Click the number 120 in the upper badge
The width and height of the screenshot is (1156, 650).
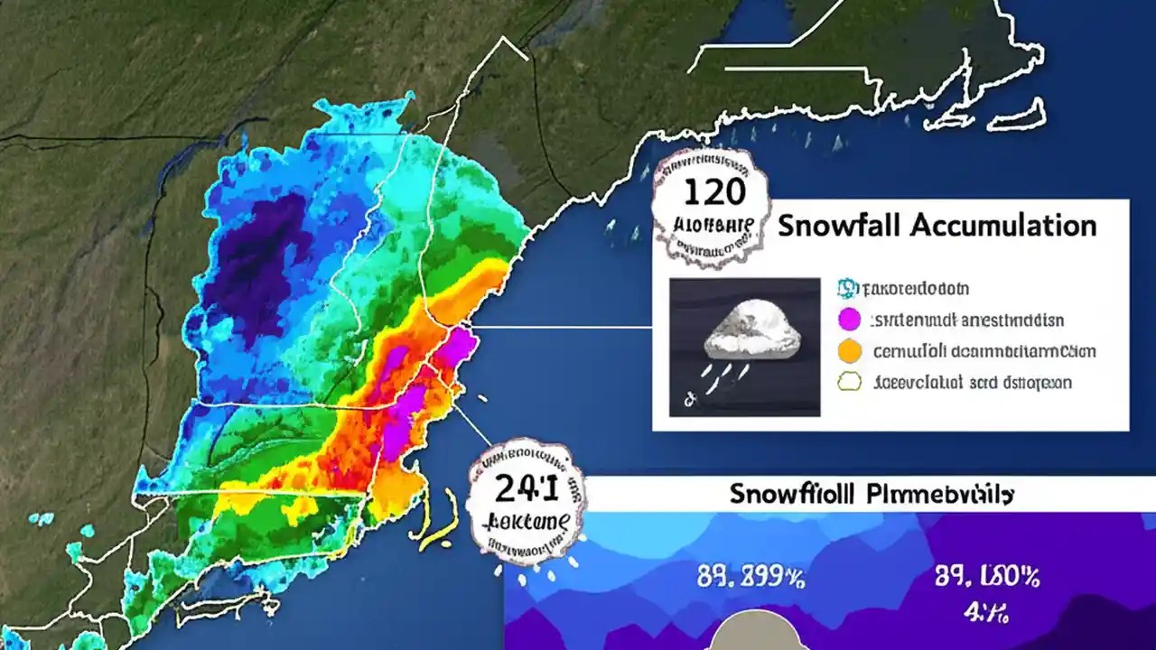point(713,191)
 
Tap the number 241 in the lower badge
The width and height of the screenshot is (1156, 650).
point(526,488)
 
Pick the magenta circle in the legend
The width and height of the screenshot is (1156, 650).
point(847,320)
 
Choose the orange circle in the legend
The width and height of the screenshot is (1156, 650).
point(848,350)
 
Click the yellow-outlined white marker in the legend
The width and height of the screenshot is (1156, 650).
point(850,382)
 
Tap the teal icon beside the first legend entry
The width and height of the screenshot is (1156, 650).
point(846,288)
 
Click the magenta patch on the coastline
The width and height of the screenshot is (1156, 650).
point(460,347)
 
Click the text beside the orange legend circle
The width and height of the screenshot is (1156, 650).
point(983,350)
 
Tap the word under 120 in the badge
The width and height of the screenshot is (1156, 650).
point(713,222)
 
